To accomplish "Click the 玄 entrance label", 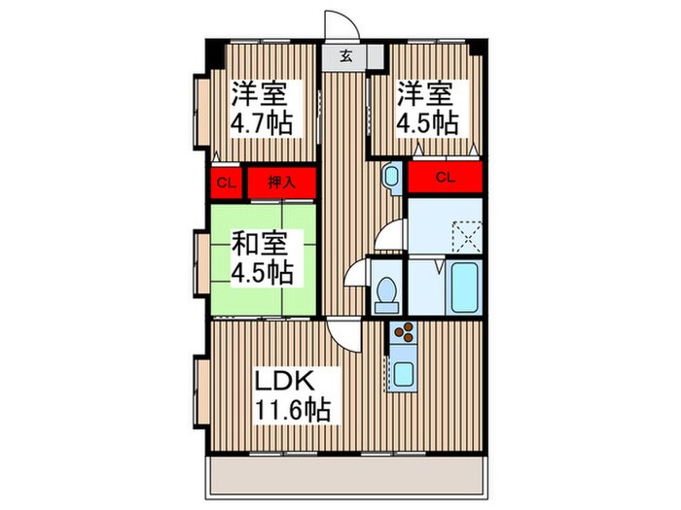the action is click(x=346, y=56).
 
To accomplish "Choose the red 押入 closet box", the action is click(x=282, y=182).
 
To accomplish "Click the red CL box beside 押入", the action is click(x=225, y=182).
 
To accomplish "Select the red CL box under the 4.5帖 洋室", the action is click(x=446, y=177).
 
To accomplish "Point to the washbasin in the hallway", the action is click(x=391, y=177).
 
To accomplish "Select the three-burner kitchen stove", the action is click(x=401, y=336).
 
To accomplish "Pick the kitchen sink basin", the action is click(x=401, y=373).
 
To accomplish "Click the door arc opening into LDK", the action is click(x=342, y=336).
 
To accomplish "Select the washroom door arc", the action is click(x=390, y=235).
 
